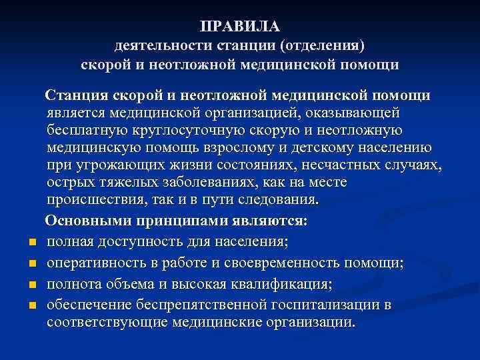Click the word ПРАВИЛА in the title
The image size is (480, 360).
pos(239,27)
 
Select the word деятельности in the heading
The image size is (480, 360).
pos(156,46)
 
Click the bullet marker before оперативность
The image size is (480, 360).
pos(31,263)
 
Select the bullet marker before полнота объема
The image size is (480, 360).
pos(31,285)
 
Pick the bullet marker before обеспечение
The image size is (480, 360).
pos(31,305)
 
